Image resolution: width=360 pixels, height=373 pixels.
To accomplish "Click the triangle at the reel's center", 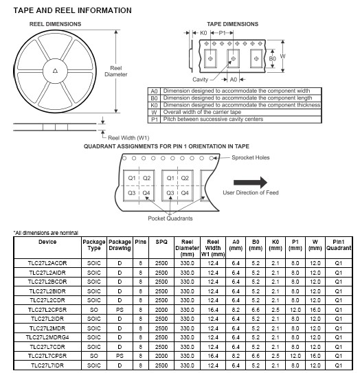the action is point(55,71).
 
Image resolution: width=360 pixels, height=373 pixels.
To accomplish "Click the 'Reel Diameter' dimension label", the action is point(116,71).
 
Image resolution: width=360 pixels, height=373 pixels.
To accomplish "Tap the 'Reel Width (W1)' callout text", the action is point(128,138).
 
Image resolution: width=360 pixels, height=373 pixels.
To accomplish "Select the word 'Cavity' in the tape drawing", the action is point(200,80).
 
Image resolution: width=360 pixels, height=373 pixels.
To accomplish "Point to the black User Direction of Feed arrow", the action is point(250,183).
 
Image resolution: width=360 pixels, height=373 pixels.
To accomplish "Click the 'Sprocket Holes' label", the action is point(251,157).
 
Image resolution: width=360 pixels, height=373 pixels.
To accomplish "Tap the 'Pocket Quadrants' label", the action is point(170,218).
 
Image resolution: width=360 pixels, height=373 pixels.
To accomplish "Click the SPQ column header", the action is point(161,242).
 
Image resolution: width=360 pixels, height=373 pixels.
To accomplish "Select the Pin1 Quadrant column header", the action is point(338,245).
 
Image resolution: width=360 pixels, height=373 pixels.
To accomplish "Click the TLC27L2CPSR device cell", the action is point(47,310).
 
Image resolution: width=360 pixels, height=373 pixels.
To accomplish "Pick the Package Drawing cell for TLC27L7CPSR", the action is point(120,356).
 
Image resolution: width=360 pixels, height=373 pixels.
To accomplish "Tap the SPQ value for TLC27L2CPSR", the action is point(161,310).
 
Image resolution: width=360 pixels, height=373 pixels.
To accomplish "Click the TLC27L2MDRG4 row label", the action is point(47,337).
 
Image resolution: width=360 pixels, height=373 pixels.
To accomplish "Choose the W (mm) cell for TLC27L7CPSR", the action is point(315,356).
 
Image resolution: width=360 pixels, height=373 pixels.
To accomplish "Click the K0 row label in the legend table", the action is point(154,105).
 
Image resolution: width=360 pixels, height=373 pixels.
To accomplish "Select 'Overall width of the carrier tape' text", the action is point(202,112).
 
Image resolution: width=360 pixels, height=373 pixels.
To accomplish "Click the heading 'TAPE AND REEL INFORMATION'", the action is point(72,10).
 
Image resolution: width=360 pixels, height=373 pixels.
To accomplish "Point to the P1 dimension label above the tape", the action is point(222,33).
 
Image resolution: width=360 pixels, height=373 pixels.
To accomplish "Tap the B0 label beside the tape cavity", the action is point(272,58).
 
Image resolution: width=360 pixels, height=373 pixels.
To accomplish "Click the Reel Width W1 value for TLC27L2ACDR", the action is point(213,263).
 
